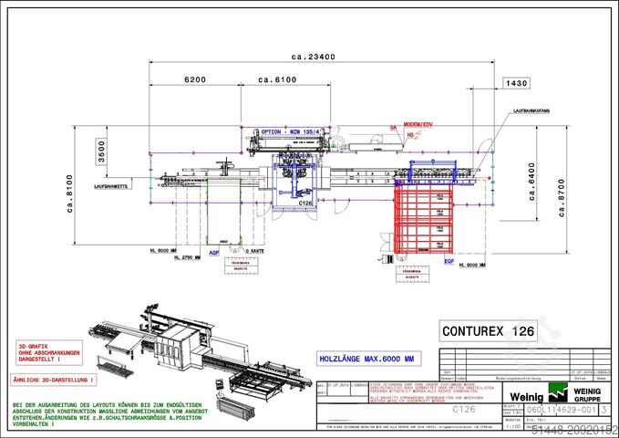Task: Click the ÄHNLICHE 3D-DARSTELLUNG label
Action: (54, 378)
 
